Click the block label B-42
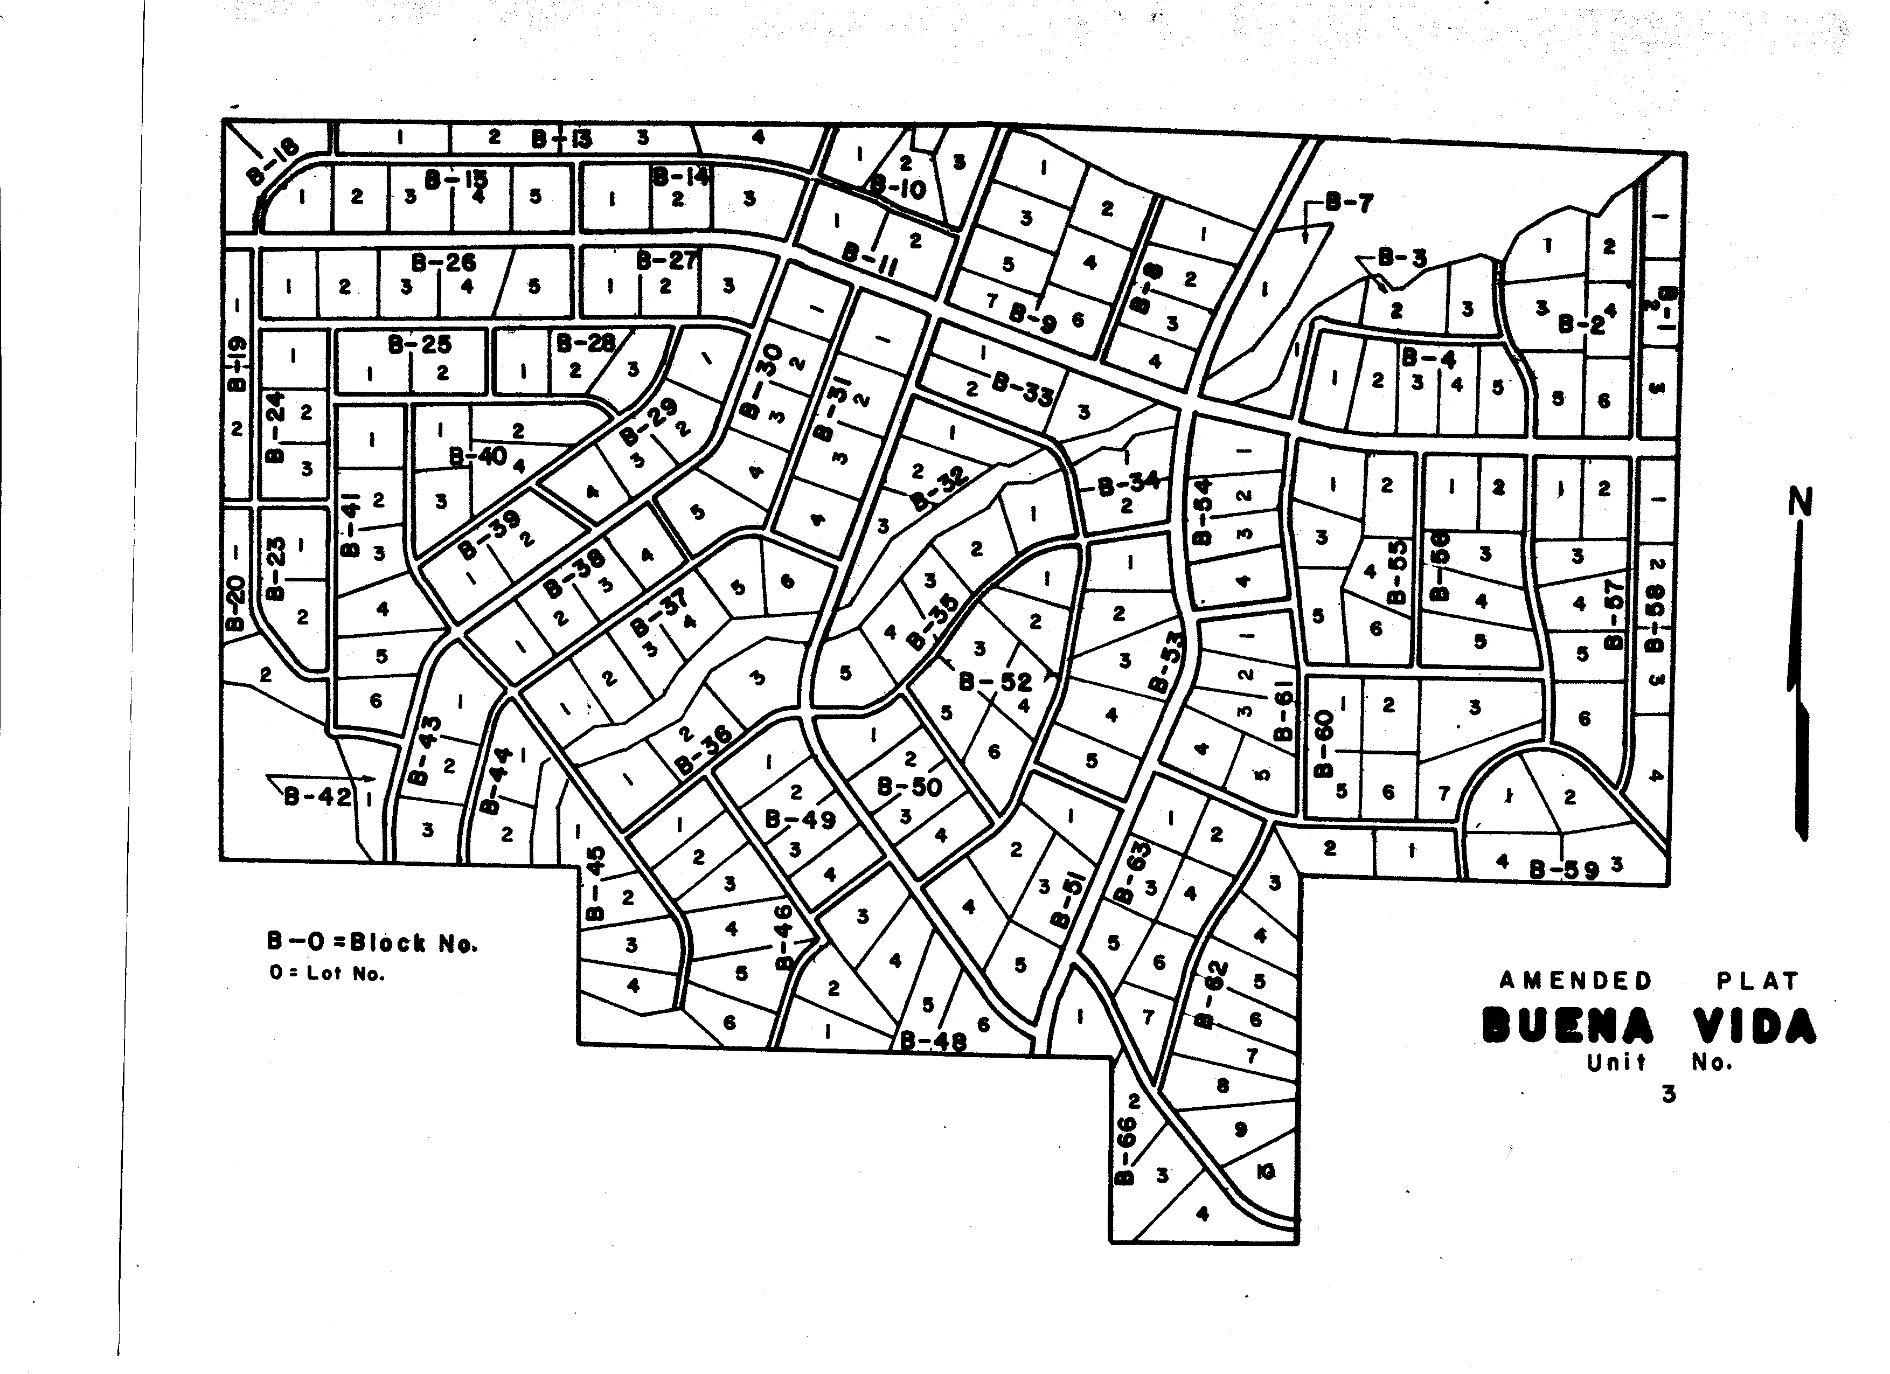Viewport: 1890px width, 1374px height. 317,796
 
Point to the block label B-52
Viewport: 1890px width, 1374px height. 995,682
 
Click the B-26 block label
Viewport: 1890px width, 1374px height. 443,262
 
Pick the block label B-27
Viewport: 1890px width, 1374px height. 666,261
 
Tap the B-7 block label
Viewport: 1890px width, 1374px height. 1347,203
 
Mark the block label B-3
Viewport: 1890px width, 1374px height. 1402,258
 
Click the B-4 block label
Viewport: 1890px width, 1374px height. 1428,358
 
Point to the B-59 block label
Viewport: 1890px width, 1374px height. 1564,870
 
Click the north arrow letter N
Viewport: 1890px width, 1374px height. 1800,502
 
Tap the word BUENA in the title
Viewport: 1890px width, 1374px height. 1567,1026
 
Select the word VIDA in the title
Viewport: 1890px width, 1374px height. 1754,1026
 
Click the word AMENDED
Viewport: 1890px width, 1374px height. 1575,981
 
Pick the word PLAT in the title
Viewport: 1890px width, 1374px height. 1757,981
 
